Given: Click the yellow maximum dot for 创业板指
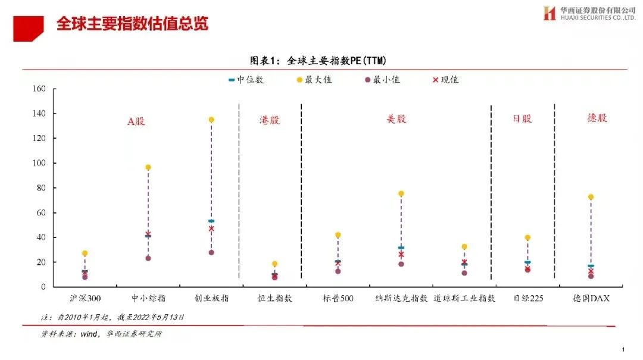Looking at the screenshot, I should point(211,120).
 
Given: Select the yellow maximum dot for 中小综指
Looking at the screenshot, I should point(148,167).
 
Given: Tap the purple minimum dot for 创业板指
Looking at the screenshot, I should point(211,252).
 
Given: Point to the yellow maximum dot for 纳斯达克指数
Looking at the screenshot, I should point(401,193).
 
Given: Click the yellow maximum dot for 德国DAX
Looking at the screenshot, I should point(591,197).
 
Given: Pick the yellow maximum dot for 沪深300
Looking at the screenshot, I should point(85,253).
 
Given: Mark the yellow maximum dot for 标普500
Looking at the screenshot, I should point(338,235).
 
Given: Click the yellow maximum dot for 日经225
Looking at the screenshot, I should point(527,237).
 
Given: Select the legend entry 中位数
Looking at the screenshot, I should point(245,79).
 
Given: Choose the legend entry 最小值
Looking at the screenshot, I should point(382,79).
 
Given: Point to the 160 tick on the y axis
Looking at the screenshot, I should point(39,89).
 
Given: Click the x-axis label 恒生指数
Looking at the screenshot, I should point(274,298).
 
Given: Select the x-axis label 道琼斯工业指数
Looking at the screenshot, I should point(464,298).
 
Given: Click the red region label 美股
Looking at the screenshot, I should point(397,119).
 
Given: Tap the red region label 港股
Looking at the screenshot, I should point(270,120).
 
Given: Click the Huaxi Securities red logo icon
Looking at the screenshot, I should point(549,13).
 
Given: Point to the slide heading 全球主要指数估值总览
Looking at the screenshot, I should point(132,24).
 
